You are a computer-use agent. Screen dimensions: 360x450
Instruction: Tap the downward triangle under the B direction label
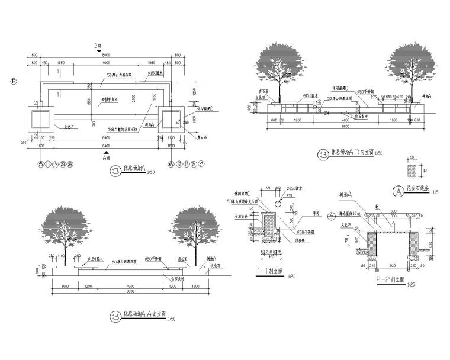pyautogui.click(x=99, y=52)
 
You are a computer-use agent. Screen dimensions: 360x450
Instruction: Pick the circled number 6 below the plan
pyautogui.click(x=171, y=164)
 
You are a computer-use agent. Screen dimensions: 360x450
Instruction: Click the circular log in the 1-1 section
pyautogui.click(x=279, y=204)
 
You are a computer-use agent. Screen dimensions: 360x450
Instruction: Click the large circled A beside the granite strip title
pyautogui.click(x=397, y=191)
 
